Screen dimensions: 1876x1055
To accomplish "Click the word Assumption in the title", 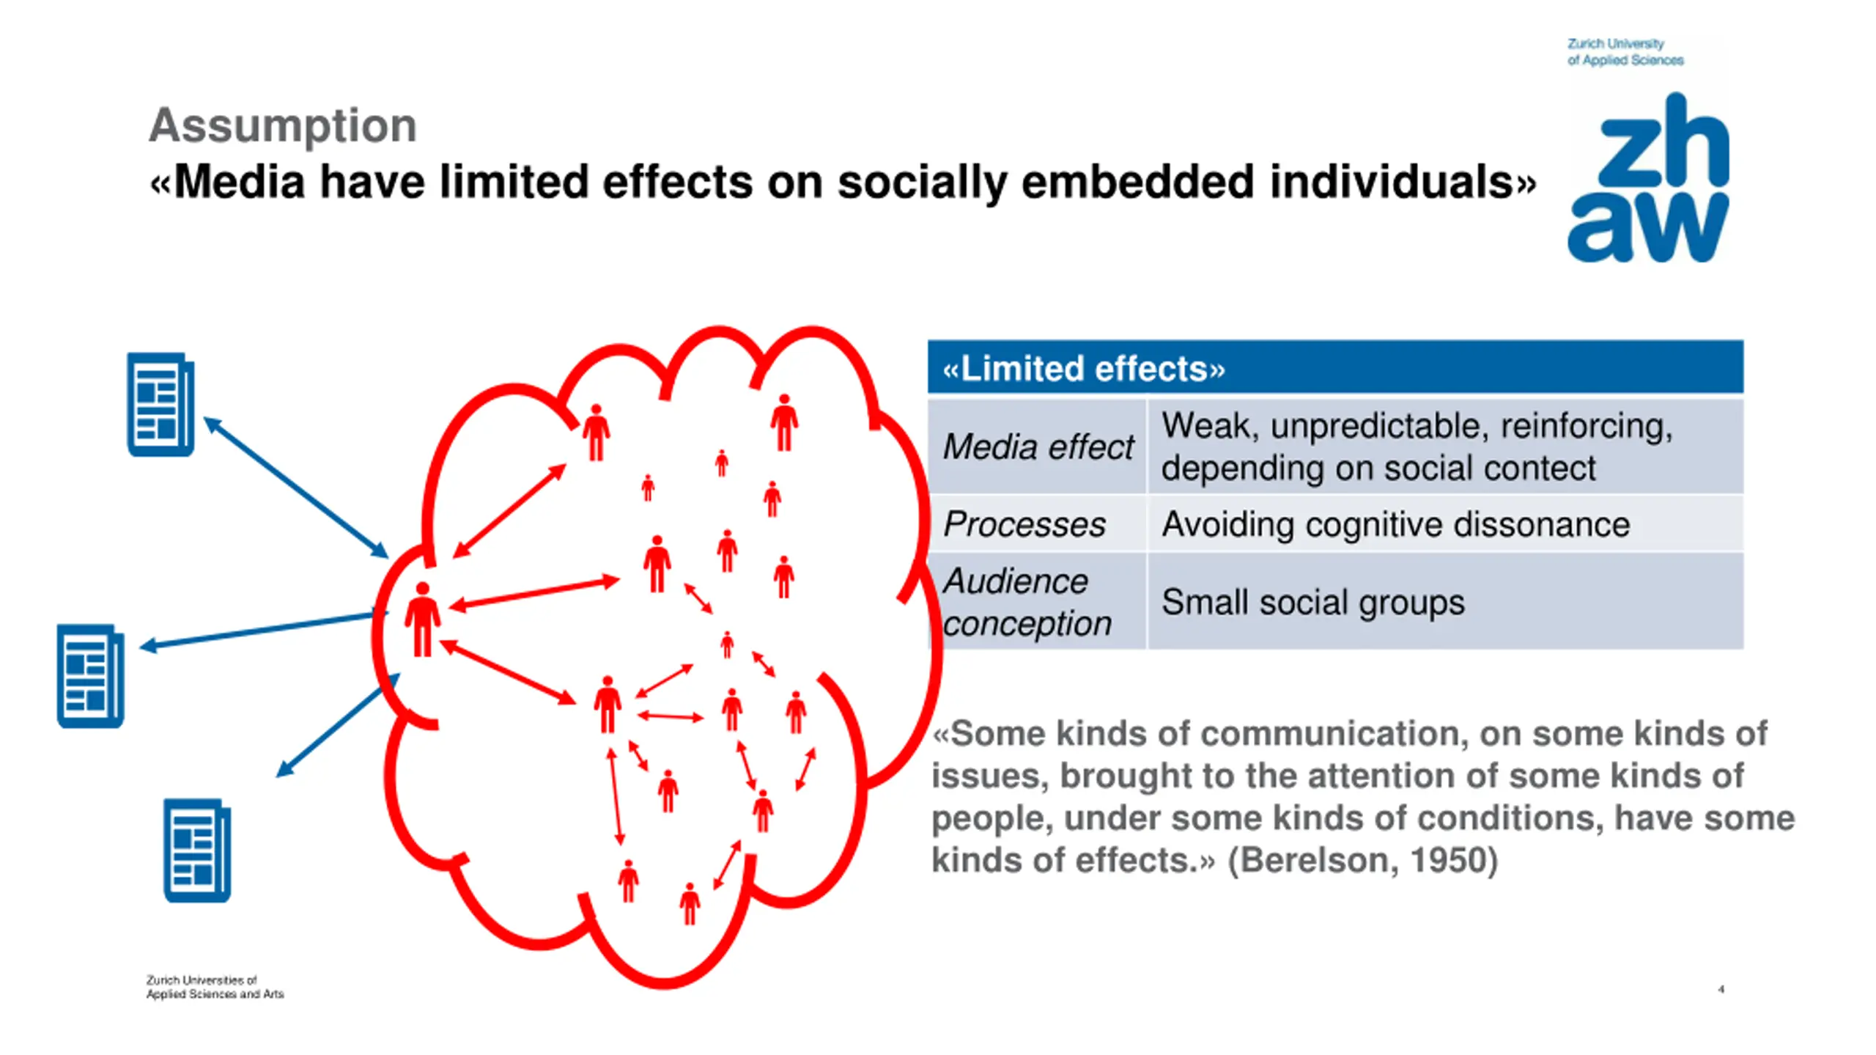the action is tap(283, 125).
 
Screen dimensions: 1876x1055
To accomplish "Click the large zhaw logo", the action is tap(1648, 178).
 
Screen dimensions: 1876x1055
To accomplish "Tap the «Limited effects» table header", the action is tap(1083, 368).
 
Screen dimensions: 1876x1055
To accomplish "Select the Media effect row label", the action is tap(1038, 446).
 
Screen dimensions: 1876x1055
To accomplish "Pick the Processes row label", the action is tap(1024, 524).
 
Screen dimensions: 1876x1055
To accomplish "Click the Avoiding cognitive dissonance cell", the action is tap(1395, 524).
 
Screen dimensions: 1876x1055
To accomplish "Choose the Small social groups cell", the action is tap(1312, 602).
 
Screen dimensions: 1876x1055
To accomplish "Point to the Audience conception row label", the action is tap(1027, 602).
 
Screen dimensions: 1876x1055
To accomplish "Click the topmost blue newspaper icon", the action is tap(160, 404).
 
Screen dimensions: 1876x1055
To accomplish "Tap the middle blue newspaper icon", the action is tap(90, 675).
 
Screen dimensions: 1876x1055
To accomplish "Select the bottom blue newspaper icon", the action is tap(196, 850).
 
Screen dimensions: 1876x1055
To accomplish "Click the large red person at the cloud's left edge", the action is tap(422, 620).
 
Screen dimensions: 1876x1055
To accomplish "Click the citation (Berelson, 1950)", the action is tap(1363, 860).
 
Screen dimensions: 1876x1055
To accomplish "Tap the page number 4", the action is tap(1721, 989).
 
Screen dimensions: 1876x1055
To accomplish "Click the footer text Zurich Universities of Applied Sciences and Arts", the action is tap(215, 987).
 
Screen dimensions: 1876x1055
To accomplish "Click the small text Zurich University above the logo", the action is tap(1615, 44).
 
